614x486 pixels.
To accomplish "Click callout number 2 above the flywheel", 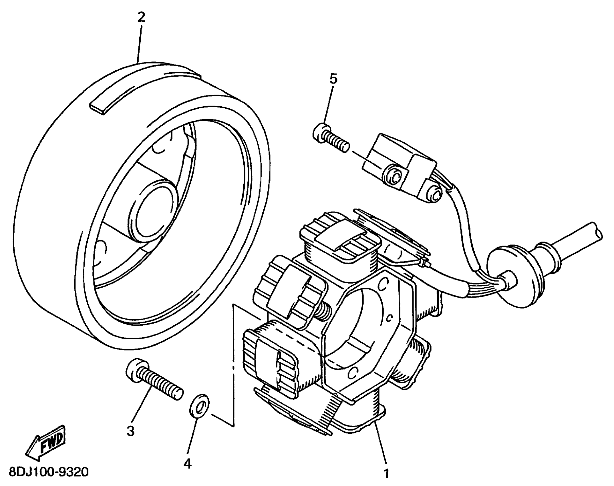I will [x=141, y=18].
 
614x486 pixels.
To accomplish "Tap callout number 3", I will [x=131, y=431].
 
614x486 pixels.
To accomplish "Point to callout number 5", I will [x=333, y=79].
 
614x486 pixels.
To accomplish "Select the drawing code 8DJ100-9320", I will [x=49, y=472].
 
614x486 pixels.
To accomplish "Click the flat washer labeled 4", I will [x=199, y=407].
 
